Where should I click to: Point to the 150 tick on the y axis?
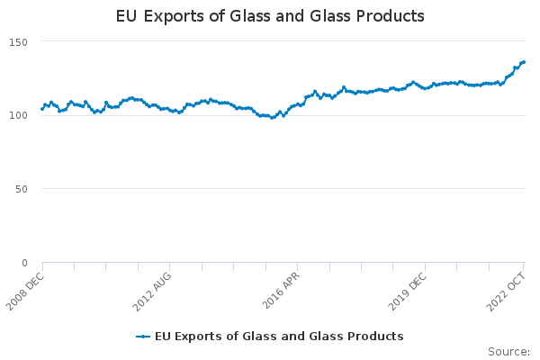(x=19, y=42)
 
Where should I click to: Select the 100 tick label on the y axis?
(x=19, y=115)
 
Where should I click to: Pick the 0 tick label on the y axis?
(x=25, y=263)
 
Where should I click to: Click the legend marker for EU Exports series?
(x=143, y=337)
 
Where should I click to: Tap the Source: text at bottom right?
(x=508, y=351)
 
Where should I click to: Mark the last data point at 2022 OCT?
(x=524, y=62)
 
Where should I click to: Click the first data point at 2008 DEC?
(x=42, y=110)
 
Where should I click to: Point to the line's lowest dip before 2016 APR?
(x=273, y=118)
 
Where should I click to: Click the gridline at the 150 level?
(x=270, y=41)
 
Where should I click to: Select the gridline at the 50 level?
(x=270, y=189)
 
